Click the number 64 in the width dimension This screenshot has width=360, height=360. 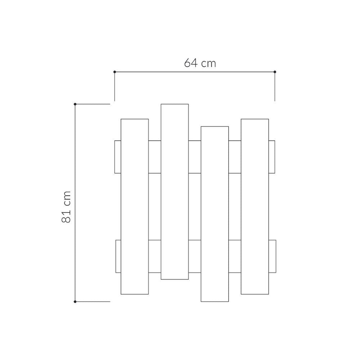[191, 63]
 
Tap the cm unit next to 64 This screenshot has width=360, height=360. [208, 64]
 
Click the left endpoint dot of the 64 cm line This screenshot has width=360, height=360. [114, 72]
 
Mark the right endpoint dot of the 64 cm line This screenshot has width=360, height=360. [275, 72]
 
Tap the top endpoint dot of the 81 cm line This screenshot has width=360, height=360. [75, 104]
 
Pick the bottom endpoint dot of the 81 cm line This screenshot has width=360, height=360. [75, 301]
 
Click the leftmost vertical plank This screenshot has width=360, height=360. [135, 206]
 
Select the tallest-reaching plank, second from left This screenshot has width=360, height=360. [175, 192]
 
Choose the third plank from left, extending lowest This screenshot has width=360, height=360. [215, 214]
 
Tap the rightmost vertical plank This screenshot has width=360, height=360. [255, 206]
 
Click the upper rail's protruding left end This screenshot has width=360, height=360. [117, 157]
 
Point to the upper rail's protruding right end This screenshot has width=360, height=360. [272, 157]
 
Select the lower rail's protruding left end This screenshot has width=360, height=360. [118, 256]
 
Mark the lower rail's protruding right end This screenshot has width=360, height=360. [272, 256]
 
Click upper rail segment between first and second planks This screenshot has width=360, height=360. [155, 157]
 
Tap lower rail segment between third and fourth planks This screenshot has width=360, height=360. [235, 256]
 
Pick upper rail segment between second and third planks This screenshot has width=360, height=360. [195, 157]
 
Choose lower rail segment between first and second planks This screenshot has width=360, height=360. [155, 256]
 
